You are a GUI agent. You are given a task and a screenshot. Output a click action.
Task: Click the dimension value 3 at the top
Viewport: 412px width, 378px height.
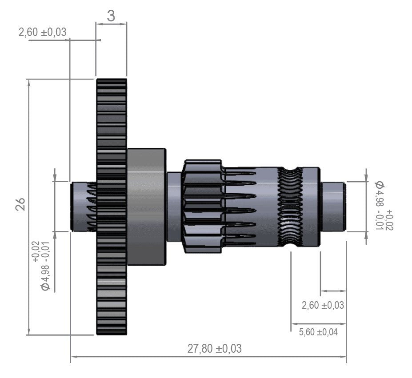[x=111, y=16]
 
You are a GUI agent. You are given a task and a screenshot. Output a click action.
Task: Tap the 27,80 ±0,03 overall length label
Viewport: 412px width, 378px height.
[x=214, y=349]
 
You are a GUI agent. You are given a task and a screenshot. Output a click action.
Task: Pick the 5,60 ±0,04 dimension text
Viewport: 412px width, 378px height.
[x=318, y=332]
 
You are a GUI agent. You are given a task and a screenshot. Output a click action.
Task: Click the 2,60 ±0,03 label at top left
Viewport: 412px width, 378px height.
[x=43, y=32]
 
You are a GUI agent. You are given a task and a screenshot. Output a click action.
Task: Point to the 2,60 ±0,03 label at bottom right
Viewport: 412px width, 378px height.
[x=323, y=305]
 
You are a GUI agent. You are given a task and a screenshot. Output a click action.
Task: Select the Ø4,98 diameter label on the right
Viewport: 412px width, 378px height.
[x=384, y=205]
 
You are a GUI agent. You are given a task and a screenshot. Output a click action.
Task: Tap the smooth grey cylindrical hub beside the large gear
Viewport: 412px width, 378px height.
[x=146, y=207]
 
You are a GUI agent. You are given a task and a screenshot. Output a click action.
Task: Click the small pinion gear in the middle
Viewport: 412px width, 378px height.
[x=202, y=207]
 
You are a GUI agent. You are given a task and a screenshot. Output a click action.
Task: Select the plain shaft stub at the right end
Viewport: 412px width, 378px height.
[x=333, y=206]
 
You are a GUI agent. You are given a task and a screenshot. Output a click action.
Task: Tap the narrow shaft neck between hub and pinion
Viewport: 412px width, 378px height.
[x=174, y=207]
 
